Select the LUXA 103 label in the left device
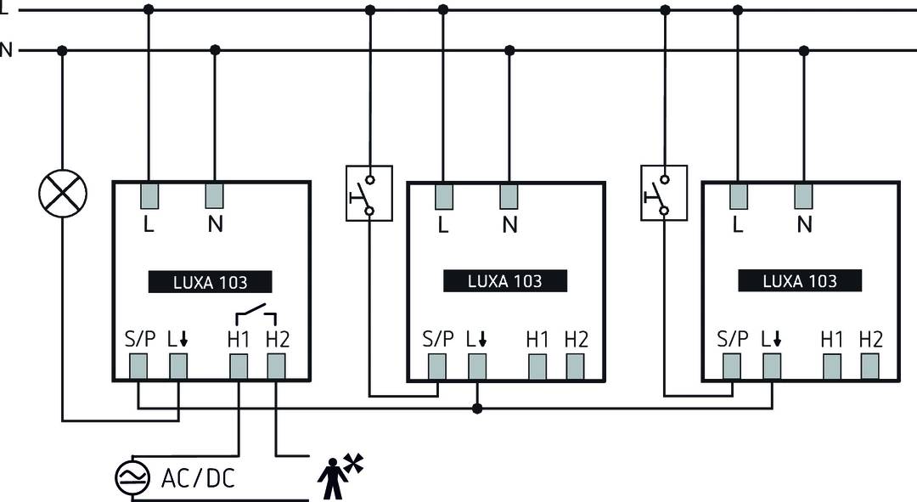pyautogui.click(x=211, y=282)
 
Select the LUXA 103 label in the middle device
pyautogui.click(x=505, y=281)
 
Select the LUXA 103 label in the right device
pyautogui.click(x=800, y=281)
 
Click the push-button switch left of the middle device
pyautogui.click(x=369, y=193)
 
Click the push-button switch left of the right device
pyautogui.click(x=664, y=193)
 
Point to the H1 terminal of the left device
pyautogui.click(x=239, y=366)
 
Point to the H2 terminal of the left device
pyautogui.click(x=277, y=366)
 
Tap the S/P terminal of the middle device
pyautogui.click(x=437, y=366)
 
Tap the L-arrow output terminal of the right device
pyautogui.click(x=771, y=366)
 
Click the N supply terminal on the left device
pyautogui.click(x=215, y=197)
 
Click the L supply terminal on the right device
pyautogui.click(x=738, y=197)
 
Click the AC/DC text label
pyautogui.click(x=198, y=477)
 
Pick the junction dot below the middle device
pyautogui.click(x=477, y=409)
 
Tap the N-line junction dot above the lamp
pyautogui.click(x=62, y=50)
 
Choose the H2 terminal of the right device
pyautogui.click(x=869, y=366)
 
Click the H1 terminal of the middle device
pyautogui.click(x=537, y=366)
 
